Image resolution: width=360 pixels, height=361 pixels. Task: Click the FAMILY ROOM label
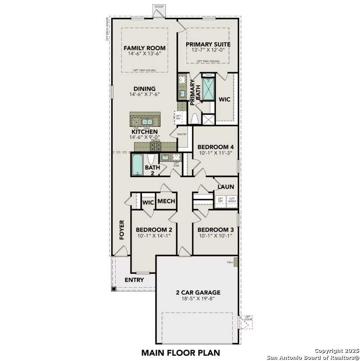pos(145,48)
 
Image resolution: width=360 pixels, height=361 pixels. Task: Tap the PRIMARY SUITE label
pos(208,44)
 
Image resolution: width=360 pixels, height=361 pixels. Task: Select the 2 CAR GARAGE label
pos(198,292)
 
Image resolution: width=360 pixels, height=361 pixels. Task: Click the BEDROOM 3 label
pos(215,229)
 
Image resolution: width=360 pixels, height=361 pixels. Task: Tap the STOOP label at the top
pos(159,6)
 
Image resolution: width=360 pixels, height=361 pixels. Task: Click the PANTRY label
pos(182,135)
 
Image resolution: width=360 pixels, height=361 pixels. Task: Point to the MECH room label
pos(166,201)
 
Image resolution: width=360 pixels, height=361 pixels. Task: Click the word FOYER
pos(122,230)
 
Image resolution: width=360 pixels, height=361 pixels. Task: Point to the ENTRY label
pos(134,280)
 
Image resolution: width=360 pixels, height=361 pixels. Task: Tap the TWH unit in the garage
pos(235,263)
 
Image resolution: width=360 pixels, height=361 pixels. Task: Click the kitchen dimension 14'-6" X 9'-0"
pos(144,137)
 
